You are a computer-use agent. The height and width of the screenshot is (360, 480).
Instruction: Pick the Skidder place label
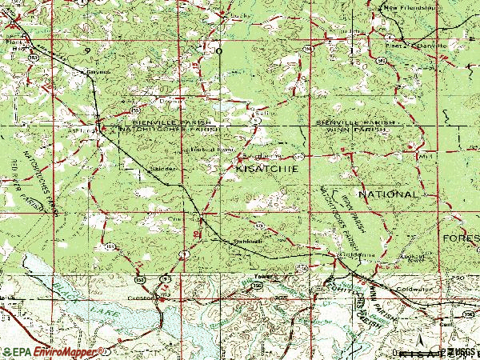click(x=162, y=170)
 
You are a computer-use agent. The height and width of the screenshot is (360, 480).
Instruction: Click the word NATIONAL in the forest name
click(x=388, y=194)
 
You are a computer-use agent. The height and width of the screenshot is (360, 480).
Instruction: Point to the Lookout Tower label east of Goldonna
click(x=414, y=258)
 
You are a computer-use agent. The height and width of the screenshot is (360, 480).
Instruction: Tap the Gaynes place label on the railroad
click(x=96, y=70)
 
